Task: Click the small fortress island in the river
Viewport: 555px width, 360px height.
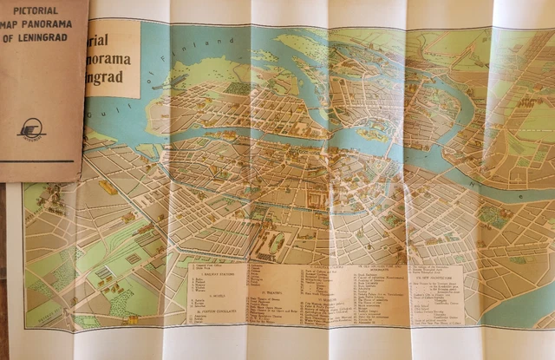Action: [x=372, y=135]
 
